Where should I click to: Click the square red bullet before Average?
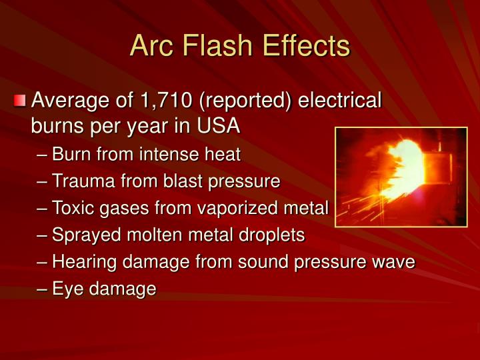tap(21, 101)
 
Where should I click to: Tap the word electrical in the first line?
tap(340, 101)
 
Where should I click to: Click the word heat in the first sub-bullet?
tap(223, 155)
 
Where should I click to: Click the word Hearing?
tap(82, 262)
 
